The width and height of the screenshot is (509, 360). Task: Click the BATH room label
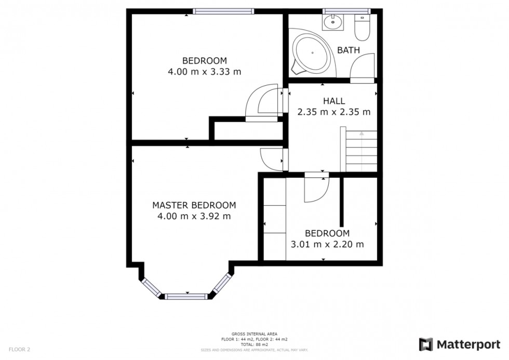pos(349,50)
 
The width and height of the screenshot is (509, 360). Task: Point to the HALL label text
pos(333,101)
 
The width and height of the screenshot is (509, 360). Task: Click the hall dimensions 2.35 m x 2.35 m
pos(333,112)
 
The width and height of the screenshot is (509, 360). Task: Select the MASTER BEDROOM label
pos(194,205)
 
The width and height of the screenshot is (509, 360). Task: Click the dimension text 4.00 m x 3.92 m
pos(194,216)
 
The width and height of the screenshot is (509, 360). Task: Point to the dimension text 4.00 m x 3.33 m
pos(204,72)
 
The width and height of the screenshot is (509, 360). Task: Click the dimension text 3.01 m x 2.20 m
pos(327,244)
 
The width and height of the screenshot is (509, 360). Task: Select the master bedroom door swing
pos(270,158)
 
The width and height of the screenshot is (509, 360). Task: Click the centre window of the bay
pos(186,296)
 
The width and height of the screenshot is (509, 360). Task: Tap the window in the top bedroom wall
pos(224,11)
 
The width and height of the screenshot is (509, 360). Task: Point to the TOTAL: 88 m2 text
pos(254,344)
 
